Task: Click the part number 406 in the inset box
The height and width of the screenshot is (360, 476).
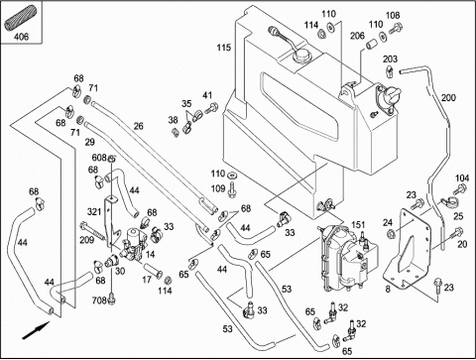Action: (21, 37)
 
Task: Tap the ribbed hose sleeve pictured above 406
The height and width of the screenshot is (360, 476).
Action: (16, 21)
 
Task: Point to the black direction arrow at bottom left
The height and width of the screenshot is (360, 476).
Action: (36, 330)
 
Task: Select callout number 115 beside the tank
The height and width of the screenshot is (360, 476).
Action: (224, 48)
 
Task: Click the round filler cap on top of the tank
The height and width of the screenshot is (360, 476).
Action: (301, 55)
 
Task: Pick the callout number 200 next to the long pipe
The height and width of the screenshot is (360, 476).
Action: (448, 98)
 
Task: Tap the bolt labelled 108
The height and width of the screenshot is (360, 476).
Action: (396, 29)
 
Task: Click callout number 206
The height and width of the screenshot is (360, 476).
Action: (357, 36)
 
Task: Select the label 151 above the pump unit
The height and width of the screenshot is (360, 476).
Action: (358, 225)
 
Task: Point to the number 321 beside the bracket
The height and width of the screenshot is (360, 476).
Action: (94, 211)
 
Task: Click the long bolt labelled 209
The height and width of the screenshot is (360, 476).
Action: (92, 230)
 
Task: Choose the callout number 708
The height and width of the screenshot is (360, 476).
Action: (99, 300)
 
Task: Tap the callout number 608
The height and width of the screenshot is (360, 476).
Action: (99, 158)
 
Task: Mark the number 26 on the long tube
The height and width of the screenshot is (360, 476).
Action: (139, 126)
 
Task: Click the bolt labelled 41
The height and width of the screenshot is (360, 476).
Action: (211, 108)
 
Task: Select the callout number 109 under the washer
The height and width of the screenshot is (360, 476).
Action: (218, 188)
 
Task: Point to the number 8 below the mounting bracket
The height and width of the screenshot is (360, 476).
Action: (388, 289)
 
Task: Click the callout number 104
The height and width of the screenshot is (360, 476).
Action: (462, 179)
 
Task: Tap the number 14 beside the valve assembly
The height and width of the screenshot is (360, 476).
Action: (150, 255)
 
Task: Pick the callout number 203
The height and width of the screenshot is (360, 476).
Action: (391, 60)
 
